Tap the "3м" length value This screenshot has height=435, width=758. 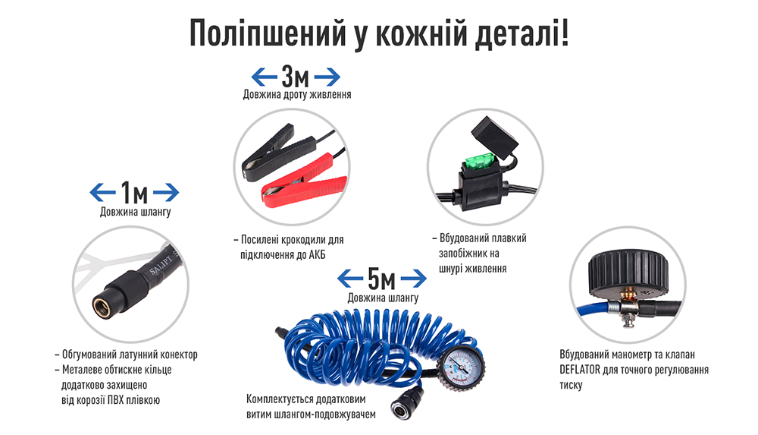[x=296, y=77]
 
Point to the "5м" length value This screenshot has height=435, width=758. [x=381, y=279]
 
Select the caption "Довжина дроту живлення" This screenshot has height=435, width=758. [x=296, y=95]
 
